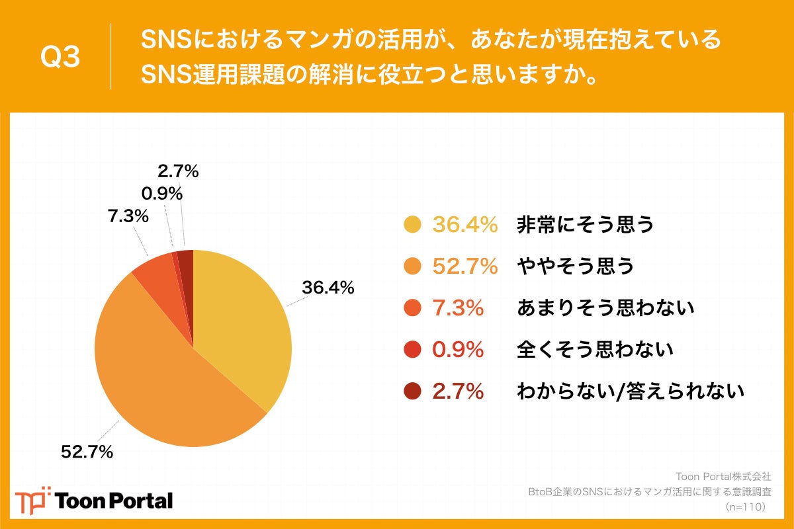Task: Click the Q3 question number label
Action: click(60, 58)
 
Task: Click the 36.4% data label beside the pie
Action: click(328, 288)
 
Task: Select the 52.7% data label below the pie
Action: click(87, 452)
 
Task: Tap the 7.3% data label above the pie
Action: click(127, 217)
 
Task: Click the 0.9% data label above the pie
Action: click(162, 194)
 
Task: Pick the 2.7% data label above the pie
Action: click(178, 171)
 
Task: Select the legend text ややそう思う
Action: click(575, 266)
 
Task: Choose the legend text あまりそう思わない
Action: click(605, 307)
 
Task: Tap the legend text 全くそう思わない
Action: click(594, 349)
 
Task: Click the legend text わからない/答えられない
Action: click(630, 391)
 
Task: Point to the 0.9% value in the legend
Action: click(458, 349)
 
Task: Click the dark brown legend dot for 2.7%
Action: click(412, 391)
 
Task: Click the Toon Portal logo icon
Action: click(33, 500)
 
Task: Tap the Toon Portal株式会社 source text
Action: click(723, 476)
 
